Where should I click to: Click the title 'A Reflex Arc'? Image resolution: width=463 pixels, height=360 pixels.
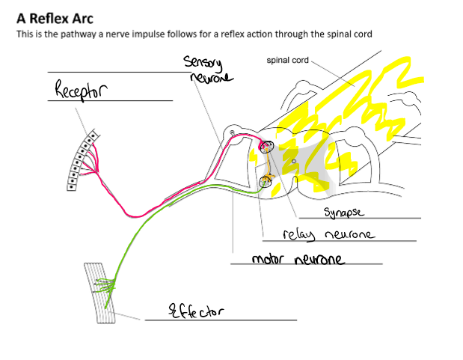coord(55,19)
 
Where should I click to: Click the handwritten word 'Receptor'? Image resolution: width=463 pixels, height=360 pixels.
coord(82,89)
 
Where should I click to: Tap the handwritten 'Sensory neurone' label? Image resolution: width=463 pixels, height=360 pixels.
coord(208,69)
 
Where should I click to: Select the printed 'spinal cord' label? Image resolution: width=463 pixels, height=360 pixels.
coord(287,61)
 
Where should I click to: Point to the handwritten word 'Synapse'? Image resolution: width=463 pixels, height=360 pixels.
coord(344,213)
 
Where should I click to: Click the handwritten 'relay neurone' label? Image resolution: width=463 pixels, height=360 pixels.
coord(328,234)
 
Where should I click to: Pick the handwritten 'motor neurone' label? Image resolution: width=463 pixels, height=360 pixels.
coord(298,259)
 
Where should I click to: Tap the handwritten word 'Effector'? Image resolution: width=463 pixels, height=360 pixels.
coord(196,311)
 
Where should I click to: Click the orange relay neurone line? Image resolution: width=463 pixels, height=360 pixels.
coord(268,163)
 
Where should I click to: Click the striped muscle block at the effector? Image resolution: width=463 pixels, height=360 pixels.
coord(99,293)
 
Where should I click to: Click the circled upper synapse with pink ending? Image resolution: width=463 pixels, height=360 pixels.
coord(266,146)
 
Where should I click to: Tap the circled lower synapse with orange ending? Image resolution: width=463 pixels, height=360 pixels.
coord(265,181)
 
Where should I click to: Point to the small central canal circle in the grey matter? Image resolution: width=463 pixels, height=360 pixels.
coord(293,161)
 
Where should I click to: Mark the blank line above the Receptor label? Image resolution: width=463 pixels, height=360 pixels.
coord(119,72)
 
